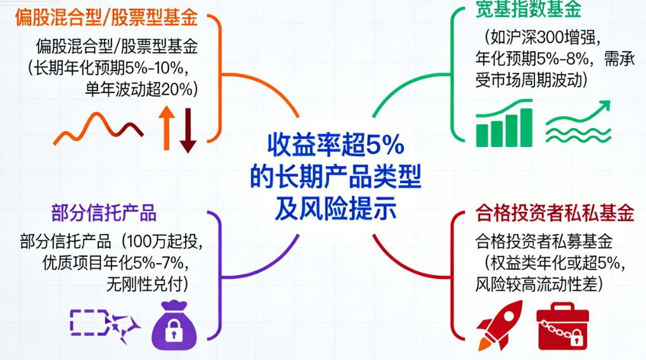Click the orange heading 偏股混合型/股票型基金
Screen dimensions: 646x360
pos(107,18)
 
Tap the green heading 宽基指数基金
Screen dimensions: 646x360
pos(528,9)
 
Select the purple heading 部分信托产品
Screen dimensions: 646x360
pos(104,213)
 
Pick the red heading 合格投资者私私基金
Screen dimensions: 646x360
pos(555,213)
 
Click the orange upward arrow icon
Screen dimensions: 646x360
pos(167,127)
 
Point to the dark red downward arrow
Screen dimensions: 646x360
pos(188,131)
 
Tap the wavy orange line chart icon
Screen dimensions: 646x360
pos(98,129)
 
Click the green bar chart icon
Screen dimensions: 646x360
pos(504,123)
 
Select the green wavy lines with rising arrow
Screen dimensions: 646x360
pos(578,122)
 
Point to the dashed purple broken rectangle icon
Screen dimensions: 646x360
pos(105,325)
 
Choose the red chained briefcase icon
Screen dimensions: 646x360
pos(563,326)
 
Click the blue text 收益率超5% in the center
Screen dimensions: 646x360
pos(336,145)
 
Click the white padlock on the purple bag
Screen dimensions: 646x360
pos(174,331)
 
